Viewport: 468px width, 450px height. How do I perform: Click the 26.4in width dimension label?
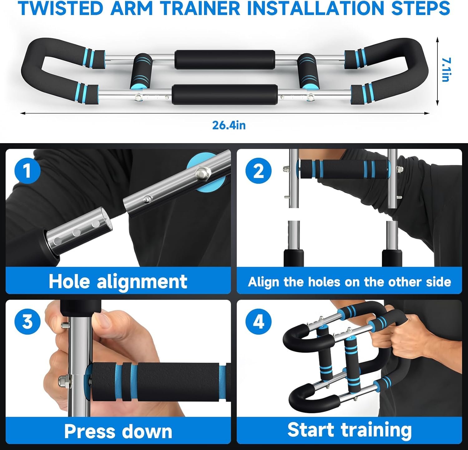(229, 125)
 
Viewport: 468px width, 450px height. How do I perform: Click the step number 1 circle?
(28, 171)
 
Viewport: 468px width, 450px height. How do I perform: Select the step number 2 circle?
(258, 171)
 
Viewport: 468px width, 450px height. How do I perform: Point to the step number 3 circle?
(28, 321)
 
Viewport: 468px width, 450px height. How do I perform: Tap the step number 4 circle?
(258, 321)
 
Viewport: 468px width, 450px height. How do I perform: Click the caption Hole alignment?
(118, 281)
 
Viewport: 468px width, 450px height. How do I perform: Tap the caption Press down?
(118, 431)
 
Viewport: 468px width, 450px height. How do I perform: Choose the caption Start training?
(349, 430)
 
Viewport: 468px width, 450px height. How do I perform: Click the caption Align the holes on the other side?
(349, 282)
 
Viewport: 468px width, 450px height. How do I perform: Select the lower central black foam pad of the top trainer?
(225, 94)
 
